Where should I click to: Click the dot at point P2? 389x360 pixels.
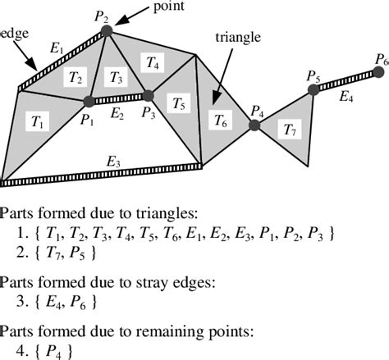(107, 31)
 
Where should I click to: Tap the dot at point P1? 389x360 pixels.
(89, 102)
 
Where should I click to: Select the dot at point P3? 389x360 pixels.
(148, 95)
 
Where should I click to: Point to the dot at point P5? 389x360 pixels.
(313, 90)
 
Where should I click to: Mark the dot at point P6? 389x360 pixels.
(378, 72)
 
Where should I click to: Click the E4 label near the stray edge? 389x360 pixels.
(346, 97)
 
